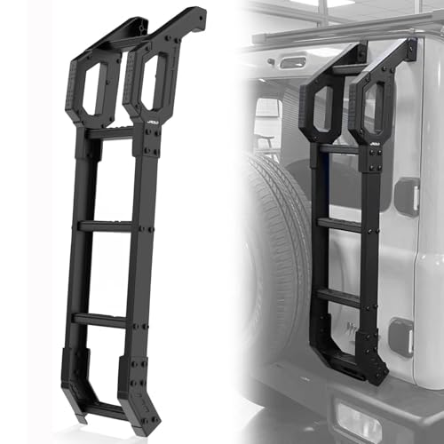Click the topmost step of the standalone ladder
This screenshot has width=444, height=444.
[x=111, y=132]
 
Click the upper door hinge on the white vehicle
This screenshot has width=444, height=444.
[x=407, y=194]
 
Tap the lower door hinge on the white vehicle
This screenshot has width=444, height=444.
[x=401, y=335]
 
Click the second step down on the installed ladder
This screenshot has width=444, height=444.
[x=339, y=225]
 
